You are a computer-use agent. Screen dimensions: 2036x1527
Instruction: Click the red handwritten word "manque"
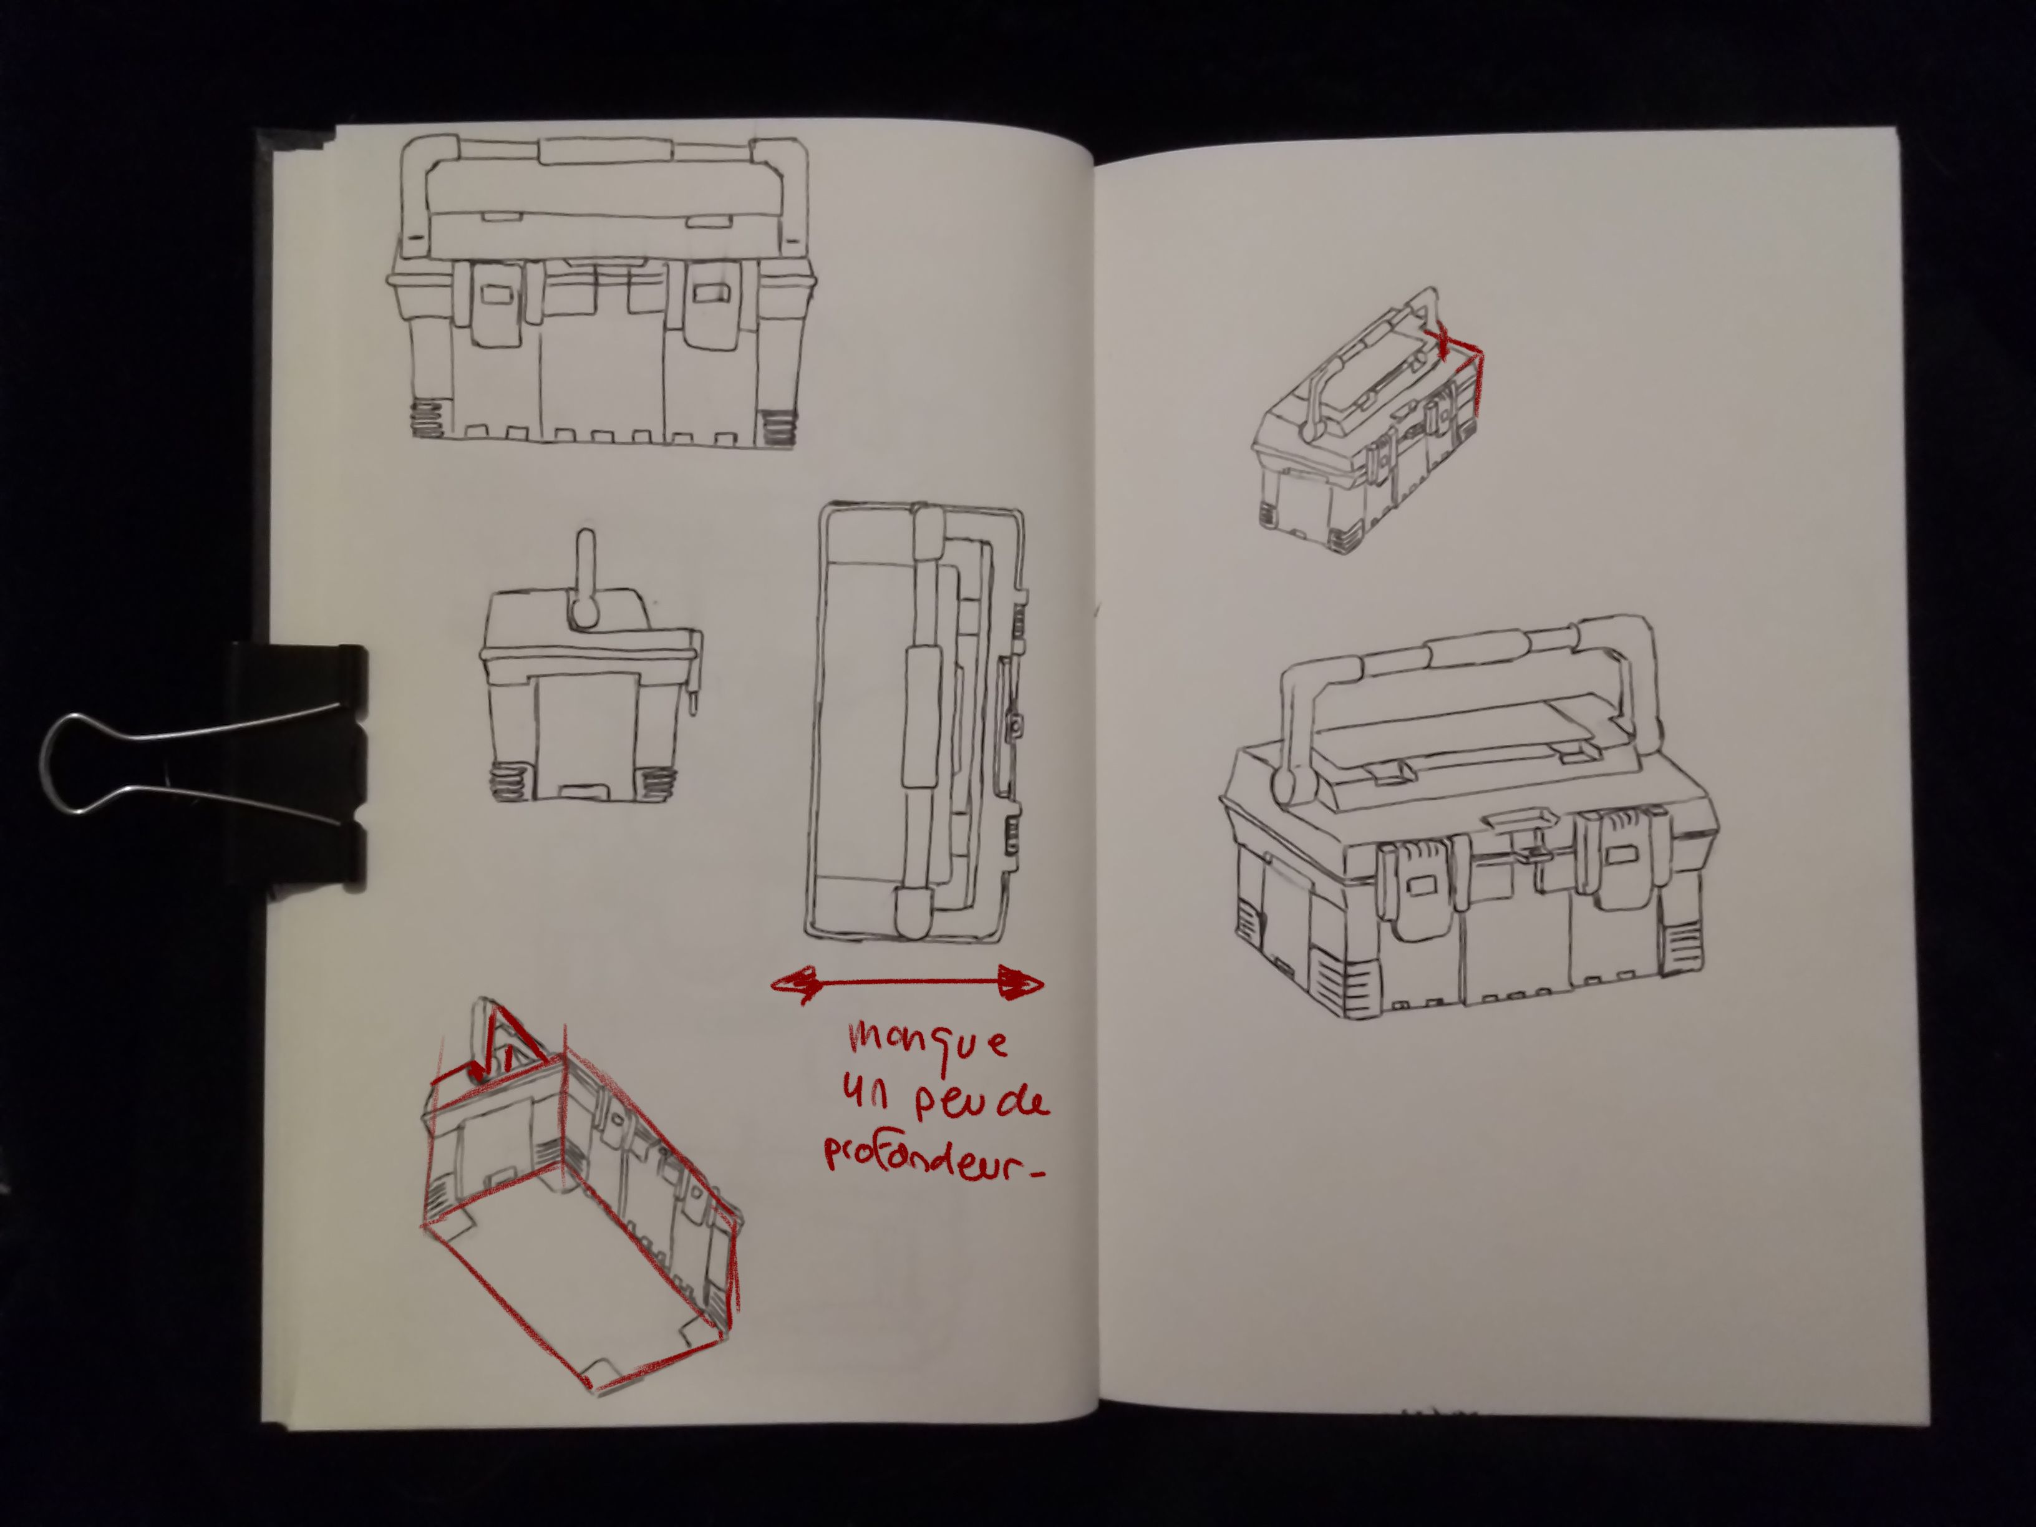[928, 1044]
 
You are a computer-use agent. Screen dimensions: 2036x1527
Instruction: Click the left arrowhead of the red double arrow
[795, 984]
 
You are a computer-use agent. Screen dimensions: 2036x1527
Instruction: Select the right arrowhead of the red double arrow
[1020, 983]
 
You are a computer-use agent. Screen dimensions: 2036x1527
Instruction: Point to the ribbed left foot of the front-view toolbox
[427, 420]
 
